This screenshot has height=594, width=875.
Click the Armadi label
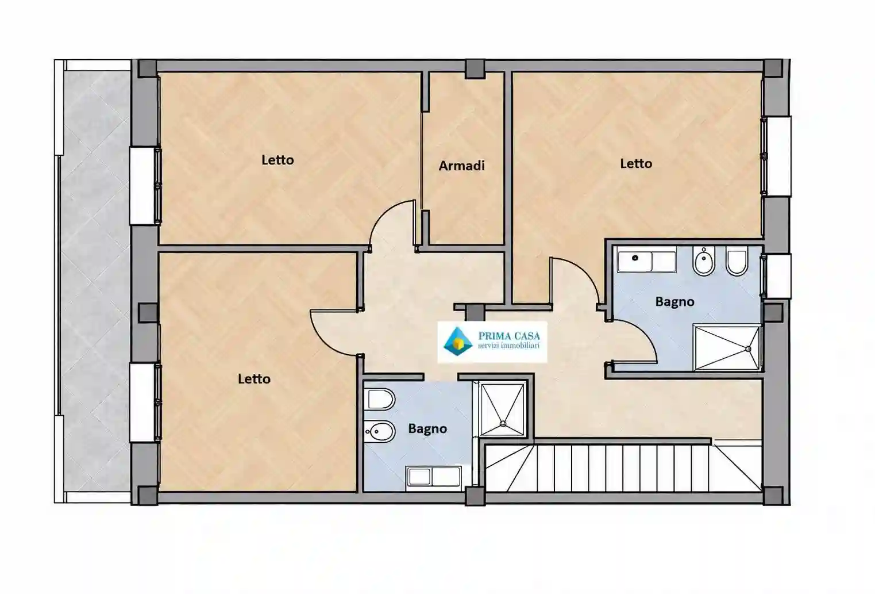(x=461, y=166)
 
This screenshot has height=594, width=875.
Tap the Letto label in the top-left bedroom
(x=277, y=160)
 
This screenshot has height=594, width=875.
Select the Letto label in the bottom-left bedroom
(x=255, y=378)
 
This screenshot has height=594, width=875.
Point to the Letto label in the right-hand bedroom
(x=636, y=163)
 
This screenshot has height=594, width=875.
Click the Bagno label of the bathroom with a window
(x=674, y=302)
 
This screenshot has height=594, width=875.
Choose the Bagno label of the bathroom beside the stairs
(x=427, y=428)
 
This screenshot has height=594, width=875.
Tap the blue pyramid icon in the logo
(x=458, y=342)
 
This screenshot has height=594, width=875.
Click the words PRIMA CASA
(x=509, y=335)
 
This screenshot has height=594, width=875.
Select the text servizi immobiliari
(x=508, y=346)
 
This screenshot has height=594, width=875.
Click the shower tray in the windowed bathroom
(x=727, y=347)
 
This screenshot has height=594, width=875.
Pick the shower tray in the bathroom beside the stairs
(x=502, y=409)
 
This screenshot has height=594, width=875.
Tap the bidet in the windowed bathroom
(x=704, y=261)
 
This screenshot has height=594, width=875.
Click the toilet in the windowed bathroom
(x=737, y=261)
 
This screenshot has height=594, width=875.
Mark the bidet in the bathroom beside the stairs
(x=380, y=432)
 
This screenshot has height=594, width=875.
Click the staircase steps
(x=623, y=468)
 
